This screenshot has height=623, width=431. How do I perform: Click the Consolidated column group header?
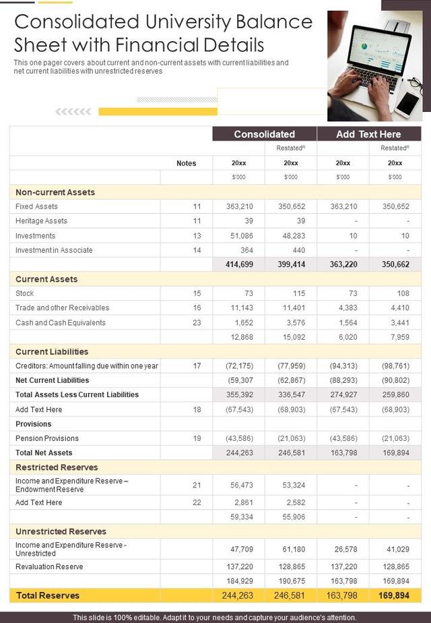264,133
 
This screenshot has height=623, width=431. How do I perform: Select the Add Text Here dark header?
368,133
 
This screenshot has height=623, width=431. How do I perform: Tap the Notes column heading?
186,163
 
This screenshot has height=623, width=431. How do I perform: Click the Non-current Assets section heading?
55,192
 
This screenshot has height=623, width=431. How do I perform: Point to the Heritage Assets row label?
41,221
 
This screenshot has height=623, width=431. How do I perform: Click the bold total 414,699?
239,264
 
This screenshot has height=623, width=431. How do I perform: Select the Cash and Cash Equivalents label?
61,322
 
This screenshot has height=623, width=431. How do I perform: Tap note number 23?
197,322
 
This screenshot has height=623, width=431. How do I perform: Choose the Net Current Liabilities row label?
53,380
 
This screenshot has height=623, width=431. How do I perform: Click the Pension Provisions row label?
47,438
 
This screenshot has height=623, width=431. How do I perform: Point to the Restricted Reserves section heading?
57,467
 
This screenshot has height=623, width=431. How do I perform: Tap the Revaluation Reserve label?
49,566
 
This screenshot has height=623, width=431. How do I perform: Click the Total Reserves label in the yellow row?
48,595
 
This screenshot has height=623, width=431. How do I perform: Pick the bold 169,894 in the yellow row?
394,595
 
